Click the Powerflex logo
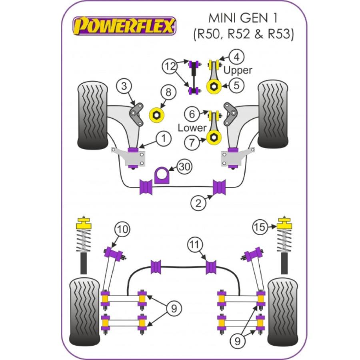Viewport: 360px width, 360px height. click(123, 27)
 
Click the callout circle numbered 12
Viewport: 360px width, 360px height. click(170, 66)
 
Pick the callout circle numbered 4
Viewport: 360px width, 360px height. click(237, 57)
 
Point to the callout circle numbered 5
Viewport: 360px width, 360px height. click(237, 85)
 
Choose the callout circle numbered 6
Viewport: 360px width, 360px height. click(192, 114)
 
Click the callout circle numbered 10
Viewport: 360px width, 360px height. click(123, 230)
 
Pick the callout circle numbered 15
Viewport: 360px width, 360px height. click(260, 227)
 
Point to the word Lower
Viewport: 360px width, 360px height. click(192, 128)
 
